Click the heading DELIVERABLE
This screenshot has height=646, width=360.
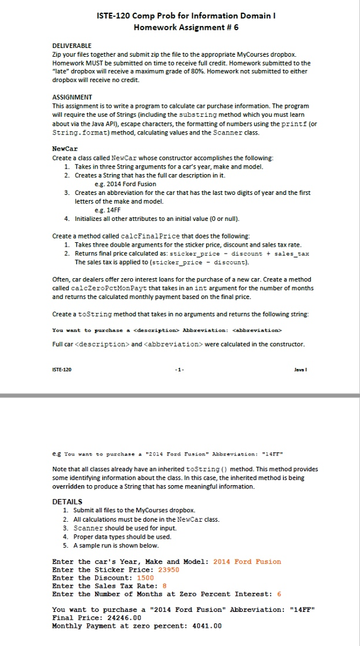click(71, 46)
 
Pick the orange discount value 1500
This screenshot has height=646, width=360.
click(145, 577)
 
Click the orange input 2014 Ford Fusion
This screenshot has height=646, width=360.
click(247, 561)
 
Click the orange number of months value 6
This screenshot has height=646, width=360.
click(279, 594)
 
